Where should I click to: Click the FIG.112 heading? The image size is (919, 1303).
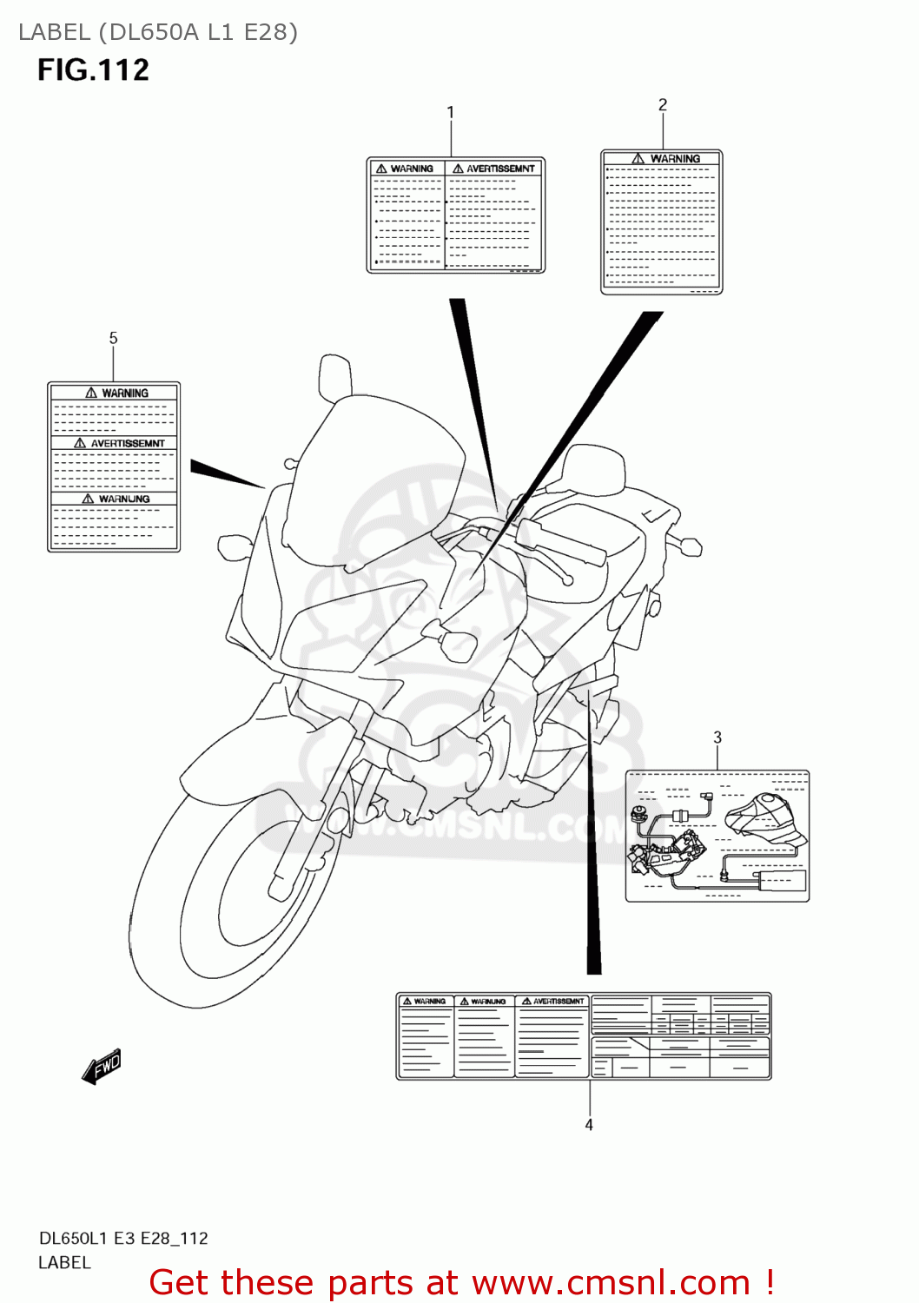(93, 69)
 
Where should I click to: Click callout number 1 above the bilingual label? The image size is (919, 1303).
(450, 112)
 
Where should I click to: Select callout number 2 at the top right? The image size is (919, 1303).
(663, 105)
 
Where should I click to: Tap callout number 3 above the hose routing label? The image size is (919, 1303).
(717, 737)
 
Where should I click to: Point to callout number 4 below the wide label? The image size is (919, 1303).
(589, 1125)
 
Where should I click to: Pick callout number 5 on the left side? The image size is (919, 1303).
(113, 338)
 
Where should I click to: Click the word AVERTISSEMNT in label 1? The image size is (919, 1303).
(500, 169)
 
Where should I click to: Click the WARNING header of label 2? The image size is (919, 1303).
(674, 159)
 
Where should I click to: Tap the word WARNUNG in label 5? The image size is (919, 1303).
(123, 499)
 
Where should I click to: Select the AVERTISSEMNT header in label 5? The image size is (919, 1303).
(127, 443)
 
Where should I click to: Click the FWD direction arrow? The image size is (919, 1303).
(102, 1066)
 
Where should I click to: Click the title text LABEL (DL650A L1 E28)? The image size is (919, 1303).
(158, 32)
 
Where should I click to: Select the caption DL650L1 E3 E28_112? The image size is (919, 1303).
(123, 1238)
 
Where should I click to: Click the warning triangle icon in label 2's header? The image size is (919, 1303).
(638, 159)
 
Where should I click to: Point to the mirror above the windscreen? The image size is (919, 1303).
(334, 375)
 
